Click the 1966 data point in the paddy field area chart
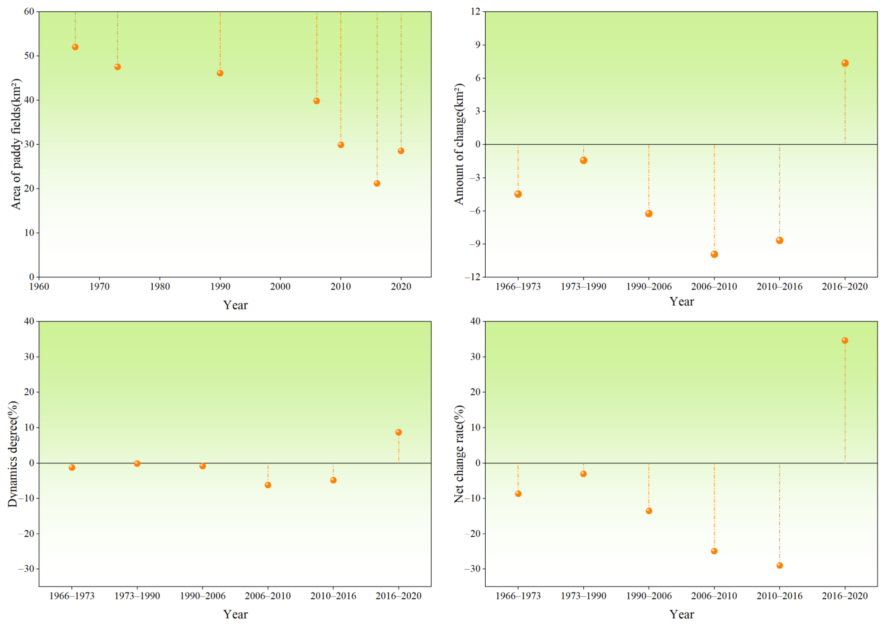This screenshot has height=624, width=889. click(x=75, y=47)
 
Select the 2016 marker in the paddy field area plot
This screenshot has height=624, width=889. click(x=377, y=183)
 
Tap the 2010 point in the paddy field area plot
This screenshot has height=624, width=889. click(x=341, y=145)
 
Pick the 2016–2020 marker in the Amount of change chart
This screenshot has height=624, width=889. click(x=845, y=63)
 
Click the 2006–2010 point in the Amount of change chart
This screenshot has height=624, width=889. click(x=714, y=254)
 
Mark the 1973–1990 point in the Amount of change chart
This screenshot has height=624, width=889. click(x=584, y=160)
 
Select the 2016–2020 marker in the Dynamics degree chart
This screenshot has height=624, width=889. click(x=398, y=432)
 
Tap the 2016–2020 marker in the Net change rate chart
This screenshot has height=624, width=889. click(x=845, y=340)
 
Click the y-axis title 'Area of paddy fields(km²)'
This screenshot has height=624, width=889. click(x=15, y=144)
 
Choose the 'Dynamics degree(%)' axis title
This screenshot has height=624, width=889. click(x=13, y=454)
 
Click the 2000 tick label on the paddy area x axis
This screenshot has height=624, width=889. click(x=280, y=287)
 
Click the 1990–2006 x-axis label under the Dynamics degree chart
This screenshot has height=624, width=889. click(x=202, y=596)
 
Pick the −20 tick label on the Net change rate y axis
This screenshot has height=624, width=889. click(x=473, y=534)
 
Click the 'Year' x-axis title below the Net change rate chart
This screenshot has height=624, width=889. click(x=681, y=614)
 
